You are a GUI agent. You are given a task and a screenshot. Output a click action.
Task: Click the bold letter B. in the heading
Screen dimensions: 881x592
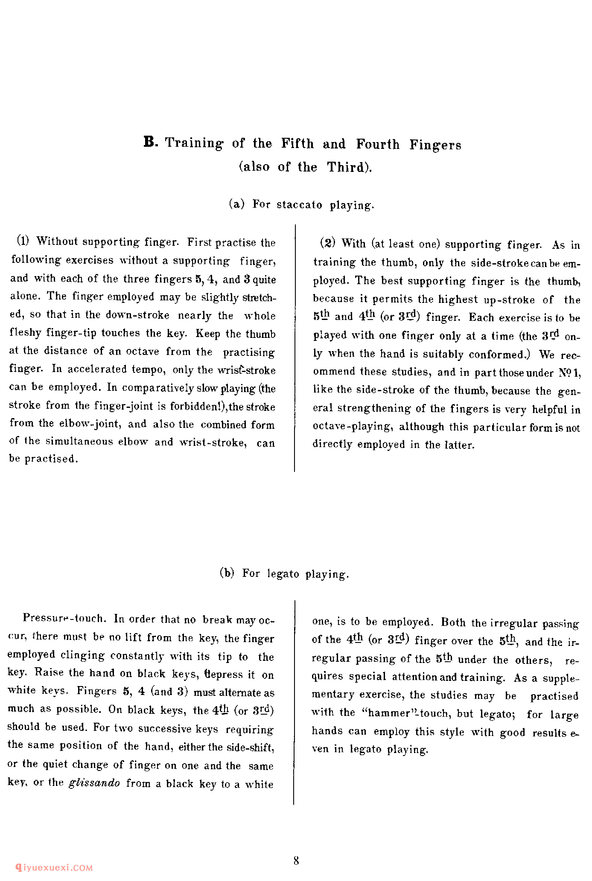point(151,142)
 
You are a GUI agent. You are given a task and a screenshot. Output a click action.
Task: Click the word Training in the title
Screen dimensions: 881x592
point(194,143)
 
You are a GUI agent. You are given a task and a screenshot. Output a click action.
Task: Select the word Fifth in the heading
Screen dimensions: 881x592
point(297,143)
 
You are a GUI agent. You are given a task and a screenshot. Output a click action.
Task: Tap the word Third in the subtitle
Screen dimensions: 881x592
point(348,167)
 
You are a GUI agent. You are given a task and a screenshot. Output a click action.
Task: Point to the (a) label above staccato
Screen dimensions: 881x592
point(236,204)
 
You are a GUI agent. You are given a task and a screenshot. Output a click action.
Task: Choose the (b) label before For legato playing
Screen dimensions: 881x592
point(227,573)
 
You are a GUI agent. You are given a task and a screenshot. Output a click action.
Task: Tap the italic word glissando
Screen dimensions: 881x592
point(94,783)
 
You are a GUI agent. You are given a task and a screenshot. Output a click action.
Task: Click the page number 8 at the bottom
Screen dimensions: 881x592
point(296,861)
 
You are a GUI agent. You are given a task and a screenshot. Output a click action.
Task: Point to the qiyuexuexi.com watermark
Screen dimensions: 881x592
point(54,867)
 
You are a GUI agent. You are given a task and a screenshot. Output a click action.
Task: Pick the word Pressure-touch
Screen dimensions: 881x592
point(63,618)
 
